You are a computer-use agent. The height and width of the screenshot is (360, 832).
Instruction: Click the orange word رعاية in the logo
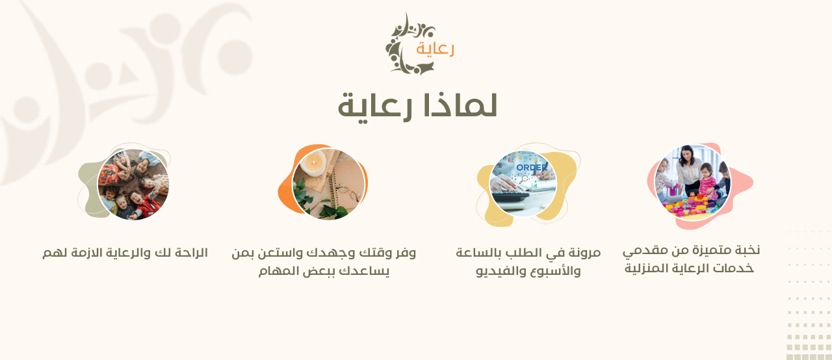point(435,49)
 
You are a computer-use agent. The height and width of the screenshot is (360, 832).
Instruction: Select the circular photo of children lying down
point(133,185)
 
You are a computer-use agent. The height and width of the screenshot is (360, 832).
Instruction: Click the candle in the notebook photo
point(313,163)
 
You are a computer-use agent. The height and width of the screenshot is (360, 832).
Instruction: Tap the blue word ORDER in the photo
point(532,168)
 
